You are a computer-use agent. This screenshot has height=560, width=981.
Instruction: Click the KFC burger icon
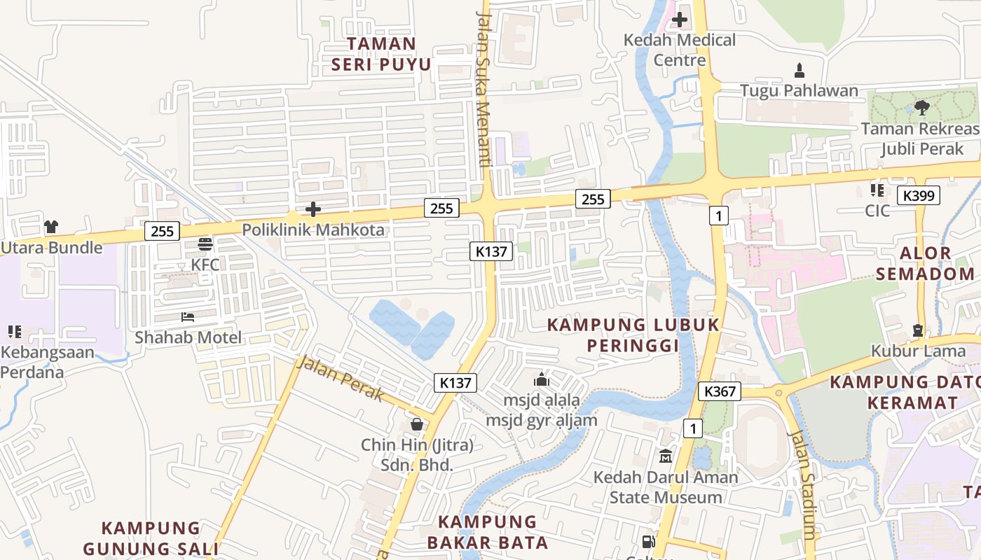tap(205, 244)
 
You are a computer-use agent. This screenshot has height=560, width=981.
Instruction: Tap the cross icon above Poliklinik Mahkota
tap(313, 209)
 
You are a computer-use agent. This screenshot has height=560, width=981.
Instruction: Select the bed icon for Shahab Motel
tap(187, 317)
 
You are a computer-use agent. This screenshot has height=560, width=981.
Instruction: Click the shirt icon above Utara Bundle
tap(51, 227)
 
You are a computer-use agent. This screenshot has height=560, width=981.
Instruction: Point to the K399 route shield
tap(919, 195)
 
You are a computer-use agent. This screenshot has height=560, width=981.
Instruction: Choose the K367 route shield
tap(720, 391)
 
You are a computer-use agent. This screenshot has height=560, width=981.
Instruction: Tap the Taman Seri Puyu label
tap(381, 54)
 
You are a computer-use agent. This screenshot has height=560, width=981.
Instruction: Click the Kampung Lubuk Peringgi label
tap(633, 335)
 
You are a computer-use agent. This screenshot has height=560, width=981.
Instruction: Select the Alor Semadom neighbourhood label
tap(925, 263)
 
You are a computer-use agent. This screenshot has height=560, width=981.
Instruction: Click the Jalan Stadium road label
tap(802, 483)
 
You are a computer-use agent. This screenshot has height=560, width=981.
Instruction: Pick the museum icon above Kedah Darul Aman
tap(665, 456)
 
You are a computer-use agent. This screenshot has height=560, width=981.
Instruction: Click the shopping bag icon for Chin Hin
tap(417, 424)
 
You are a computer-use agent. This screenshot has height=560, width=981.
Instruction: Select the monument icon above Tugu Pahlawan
tap(799, 70)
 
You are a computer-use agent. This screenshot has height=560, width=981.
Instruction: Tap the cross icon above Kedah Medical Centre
tap(680, 20)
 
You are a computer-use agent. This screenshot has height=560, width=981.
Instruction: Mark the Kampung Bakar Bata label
tap(492, 532)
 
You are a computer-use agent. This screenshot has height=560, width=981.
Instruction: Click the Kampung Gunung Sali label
tap(151, 538)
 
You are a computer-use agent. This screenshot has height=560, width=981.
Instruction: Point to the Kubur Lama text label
tap(917, 350)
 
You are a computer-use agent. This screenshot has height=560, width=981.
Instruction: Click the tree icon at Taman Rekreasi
tap(922, 107)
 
